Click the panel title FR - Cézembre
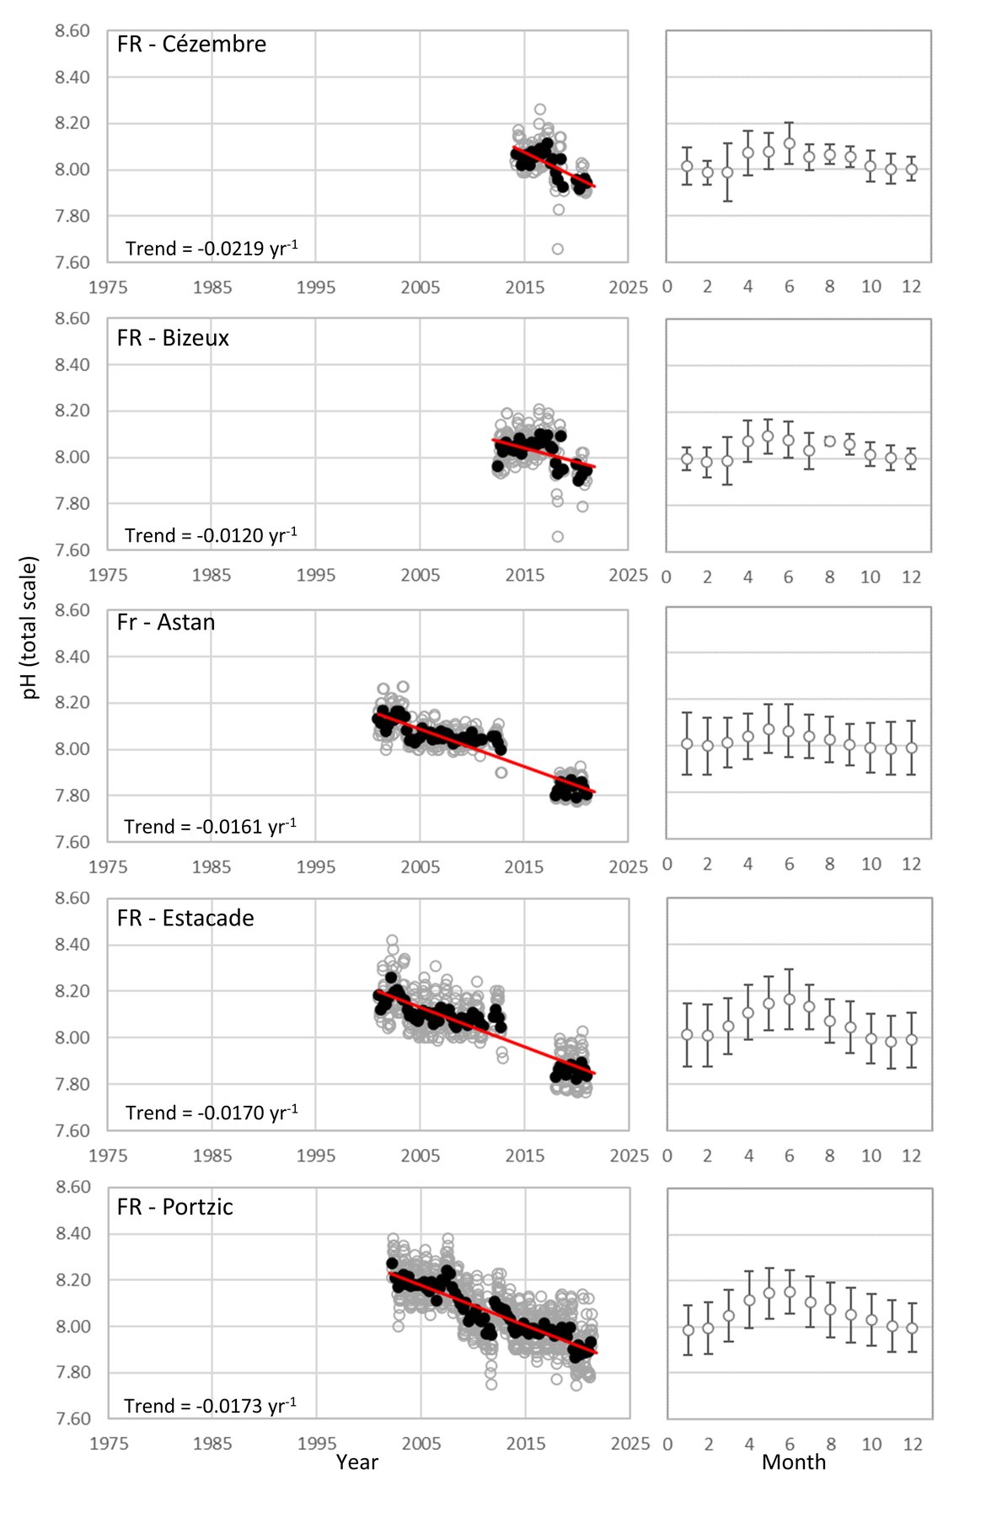[x=191, y=44]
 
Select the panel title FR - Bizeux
[x=173, y=338]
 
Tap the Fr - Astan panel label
[x=166, y=622]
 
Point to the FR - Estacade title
[x=185, y=918]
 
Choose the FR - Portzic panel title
[x=174, y=1207]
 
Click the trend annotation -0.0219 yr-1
[x=212, y=248]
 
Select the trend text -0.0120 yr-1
[x=211, y=535]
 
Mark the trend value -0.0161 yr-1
[x=210, y=826]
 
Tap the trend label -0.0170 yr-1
[x=212, y=1113]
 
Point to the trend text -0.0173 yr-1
[x=210, y=1405]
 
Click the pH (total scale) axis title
[x=29, y=627]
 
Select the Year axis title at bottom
[x=356, y=1462]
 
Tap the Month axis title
[x=793, y=1462]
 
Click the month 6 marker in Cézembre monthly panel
[x=790, y=143]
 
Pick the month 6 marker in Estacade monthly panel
[x=790, y=1000]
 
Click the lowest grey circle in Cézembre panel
[x=558, y=249]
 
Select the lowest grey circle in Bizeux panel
[x=558, y=536]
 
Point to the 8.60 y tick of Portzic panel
[x=72, y=1187]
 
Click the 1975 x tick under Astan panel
[x=108, y=866]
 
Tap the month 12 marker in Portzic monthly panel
[x=912, y=1328]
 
